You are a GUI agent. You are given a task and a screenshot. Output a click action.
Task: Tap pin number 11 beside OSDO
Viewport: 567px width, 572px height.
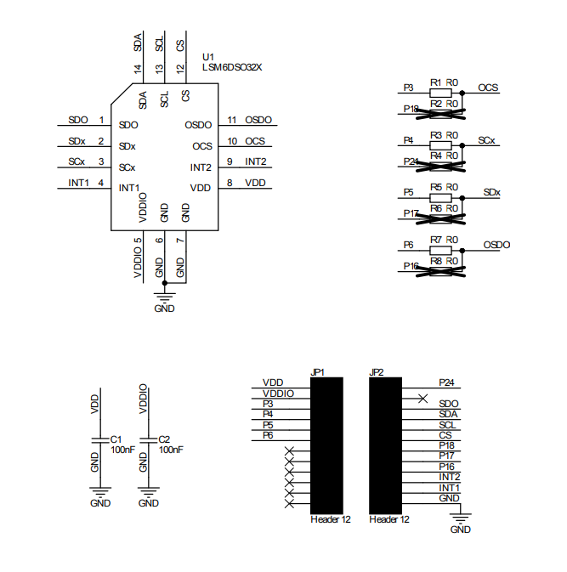click(231, 121)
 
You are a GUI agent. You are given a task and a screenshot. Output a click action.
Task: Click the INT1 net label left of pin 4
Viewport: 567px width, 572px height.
click(78, 183)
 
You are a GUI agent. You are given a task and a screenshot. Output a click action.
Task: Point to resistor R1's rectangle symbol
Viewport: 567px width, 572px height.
click(439, 91)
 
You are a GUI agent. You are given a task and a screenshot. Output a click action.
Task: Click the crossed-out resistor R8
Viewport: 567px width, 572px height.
click(439, 270)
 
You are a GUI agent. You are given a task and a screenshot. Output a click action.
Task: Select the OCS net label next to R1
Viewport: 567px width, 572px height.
click(488, 88)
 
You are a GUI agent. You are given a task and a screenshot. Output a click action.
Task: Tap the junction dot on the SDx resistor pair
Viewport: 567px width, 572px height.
click(462, 196)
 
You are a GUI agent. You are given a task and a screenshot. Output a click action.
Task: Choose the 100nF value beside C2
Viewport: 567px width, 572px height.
click(172, 450)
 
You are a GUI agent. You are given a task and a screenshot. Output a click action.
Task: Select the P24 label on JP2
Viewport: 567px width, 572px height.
click(447, 382)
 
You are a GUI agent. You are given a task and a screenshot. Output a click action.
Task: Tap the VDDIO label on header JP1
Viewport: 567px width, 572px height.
click(279, 394)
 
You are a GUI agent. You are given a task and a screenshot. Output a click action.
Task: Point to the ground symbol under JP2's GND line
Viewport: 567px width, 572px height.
click(460, 518)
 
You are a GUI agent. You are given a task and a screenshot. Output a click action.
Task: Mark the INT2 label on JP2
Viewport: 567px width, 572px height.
click(449, 477)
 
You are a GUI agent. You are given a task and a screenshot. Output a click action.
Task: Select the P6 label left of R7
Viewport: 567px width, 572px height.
click(408, 244)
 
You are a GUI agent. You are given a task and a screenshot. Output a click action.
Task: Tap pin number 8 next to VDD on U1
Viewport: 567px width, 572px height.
click(230, 183)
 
